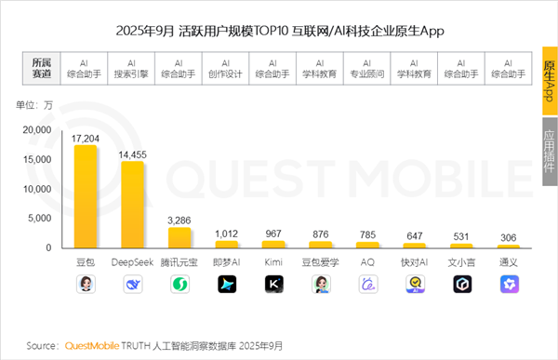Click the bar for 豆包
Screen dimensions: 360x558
pyautogui.click(x=86, y=196)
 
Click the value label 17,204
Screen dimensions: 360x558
pyautogui.click(x=86, y=137)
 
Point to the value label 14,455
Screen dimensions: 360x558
pyautogui.click(x=132, y=153)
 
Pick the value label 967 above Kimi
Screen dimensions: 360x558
pyautogui.click(x=272, y=233)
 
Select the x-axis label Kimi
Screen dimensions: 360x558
pyautogui.click(x=272, y=262)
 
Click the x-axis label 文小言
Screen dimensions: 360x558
pyautogui.click(x=461, y=262)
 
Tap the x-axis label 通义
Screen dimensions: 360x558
pyautogui.click(x=508, y=262)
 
